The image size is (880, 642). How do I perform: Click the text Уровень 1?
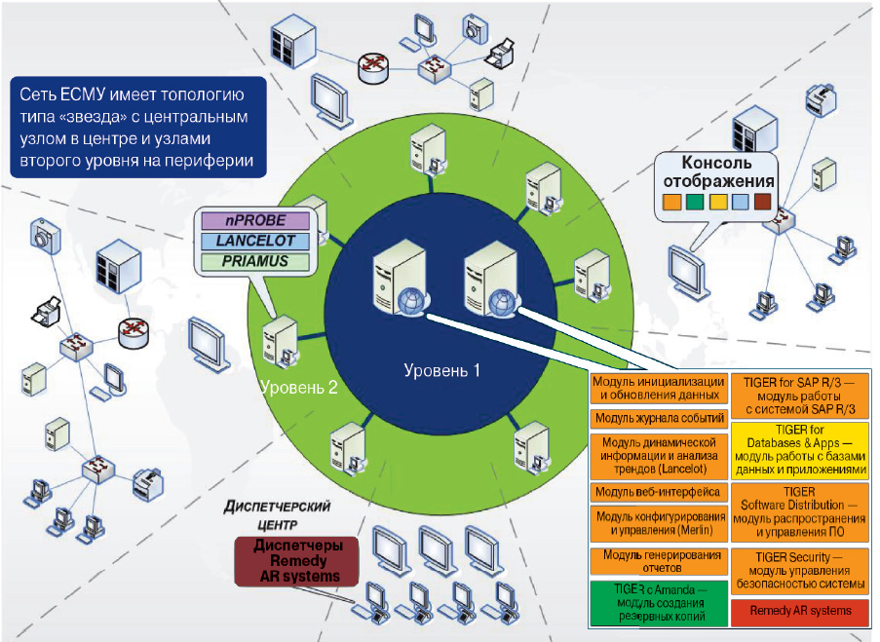[442, 370]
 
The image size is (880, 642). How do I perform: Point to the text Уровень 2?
[299, 387]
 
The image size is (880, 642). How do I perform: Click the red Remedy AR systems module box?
[799, 611]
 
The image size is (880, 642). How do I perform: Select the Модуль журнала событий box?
[659, 419]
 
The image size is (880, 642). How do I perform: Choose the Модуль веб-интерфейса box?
[659, 492]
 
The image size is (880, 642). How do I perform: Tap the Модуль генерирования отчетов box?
[659, 561]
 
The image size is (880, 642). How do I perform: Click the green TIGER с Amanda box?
[659, 603]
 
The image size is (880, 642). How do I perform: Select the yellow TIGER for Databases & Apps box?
[799, 449]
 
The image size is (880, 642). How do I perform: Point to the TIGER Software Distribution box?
[799, 512]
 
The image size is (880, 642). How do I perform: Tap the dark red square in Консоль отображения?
[762, 204]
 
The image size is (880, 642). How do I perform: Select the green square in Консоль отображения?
[693, 204]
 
